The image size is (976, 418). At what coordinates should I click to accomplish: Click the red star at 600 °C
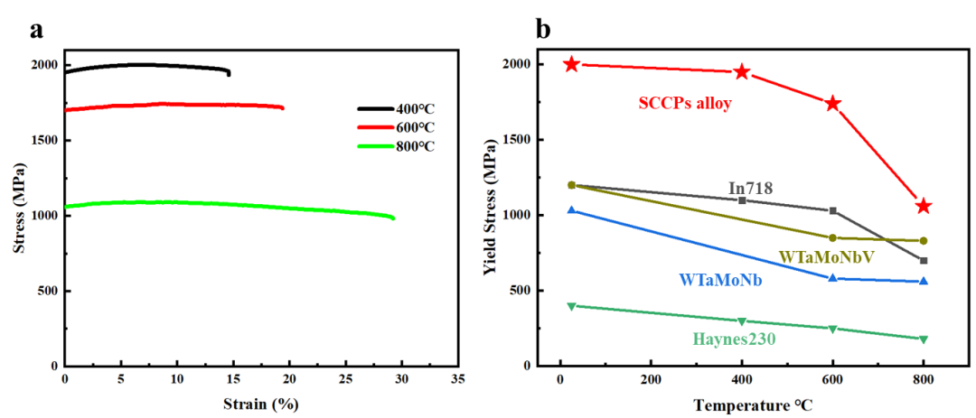coord(832,103)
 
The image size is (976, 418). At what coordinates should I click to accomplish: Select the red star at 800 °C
coord(923,206)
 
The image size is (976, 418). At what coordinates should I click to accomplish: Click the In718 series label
coord(749,188)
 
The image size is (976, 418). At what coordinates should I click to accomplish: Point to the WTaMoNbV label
coord(827,257)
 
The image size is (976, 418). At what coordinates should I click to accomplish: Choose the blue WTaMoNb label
coord(720,281)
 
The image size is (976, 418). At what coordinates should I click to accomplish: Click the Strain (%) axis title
coord(260,403)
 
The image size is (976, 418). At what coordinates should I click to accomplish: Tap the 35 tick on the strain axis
coord(458,377)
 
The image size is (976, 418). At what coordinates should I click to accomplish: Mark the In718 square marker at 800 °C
coord(923,260)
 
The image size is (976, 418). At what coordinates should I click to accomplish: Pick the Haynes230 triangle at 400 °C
coord(742,321)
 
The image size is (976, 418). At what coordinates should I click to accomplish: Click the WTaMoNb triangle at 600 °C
coord(832,278)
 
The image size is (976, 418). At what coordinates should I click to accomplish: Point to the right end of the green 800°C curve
coord(393,218)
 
